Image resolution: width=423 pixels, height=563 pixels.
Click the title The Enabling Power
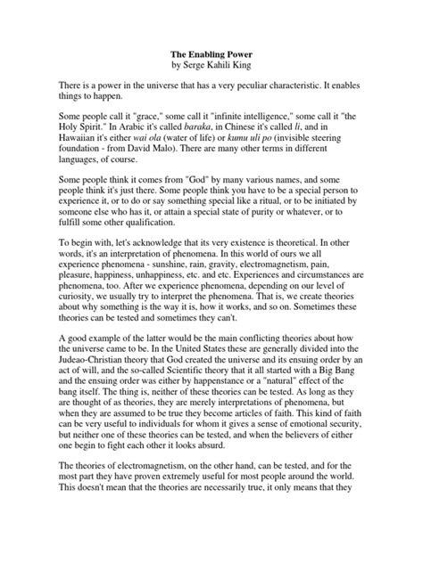click(x=211, y=53)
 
